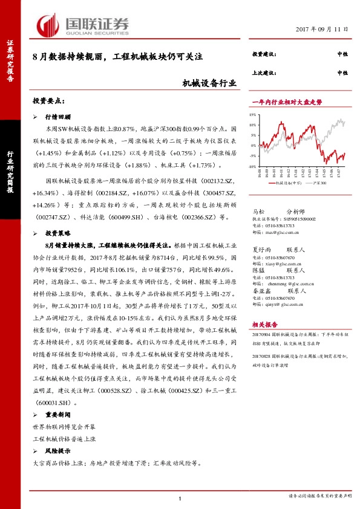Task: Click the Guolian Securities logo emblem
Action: coord(49,25)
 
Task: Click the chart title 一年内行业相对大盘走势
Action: coord(282,103)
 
